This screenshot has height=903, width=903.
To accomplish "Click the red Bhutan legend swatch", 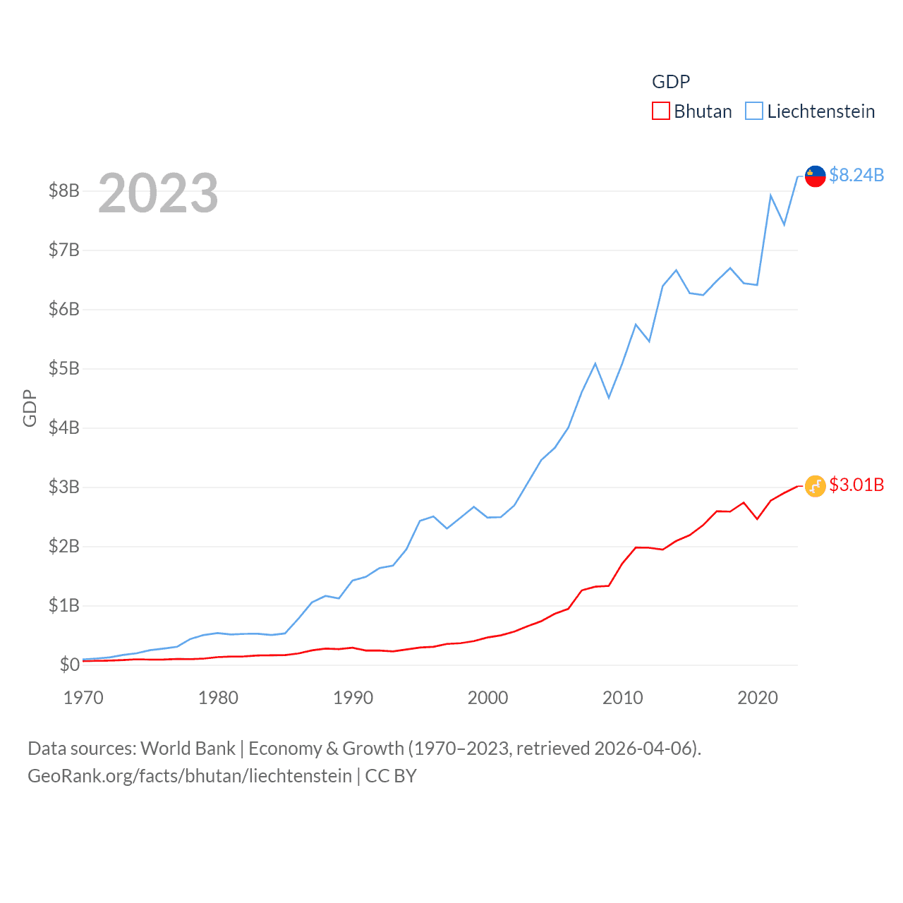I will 660,111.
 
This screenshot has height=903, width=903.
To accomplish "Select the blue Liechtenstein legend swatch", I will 754,111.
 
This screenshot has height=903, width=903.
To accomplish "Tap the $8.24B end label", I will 856,175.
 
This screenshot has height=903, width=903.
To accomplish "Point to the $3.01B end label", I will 856,485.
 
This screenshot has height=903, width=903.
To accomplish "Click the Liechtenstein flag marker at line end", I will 816,176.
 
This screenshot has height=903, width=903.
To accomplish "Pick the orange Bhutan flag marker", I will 816,485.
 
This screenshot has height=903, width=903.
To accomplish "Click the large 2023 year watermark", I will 158,193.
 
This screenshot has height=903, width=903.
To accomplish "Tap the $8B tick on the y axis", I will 63,190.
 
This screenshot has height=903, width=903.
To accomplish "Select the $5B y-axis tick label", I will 63,368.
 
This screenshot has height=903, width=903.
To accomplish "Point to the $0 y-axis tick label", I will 69,665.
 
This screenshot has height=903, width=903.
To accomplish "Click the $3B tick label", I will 63,487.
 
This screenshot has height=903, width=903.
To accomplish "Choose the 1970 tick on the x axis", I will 83,698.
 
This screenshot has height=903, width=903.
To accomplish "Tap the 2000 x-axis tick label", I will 487,698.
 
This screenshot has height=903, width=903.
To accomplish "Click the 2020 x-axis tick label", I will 757,698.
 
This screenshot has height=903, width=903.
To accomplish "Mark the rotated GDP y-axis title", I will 30,408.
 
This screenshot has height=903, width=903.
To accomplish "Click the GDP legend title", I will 671,82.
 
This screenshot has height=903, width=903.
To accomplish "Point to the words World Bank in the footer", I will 188,748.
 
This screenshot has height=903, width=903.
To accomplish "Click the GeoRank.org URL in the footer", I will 189,776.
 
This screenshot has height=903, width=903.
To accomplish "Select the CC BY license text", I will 391,776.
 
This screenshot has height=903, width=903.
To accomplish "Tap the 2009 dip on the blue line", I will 609,398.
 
